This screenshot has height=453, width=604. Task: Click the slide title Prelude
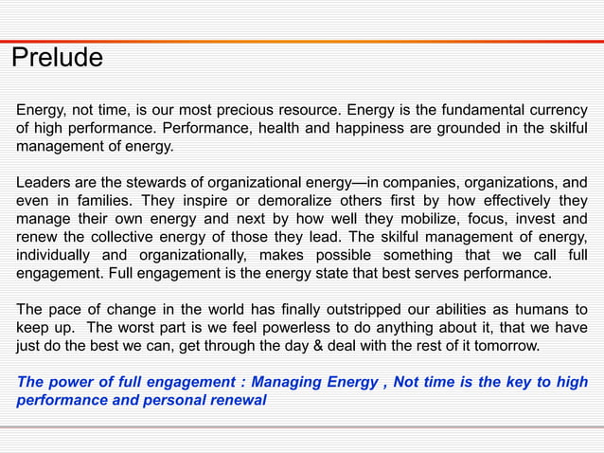(57, 59)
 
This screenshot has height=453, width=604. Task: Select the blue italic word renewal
(236, 400)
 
